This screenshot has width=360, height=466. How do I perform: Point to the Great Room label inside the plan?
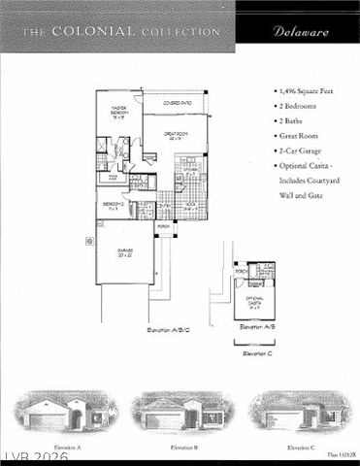tap(179, 136)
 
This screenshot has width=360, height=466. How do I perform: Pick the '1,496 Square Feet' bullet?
tap(309, 88)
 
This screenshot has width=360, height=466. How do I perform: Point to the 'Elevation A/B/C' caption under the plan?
tap(168, 330)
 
